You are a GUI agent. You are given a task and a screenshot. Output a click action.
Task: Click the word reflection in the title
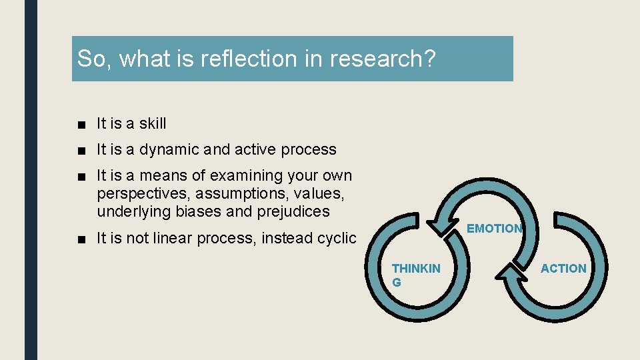pyautogui.click(x=241, y=59)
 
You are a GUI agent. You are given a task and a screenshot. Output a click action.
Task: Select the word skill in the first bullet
pyautogui.click(x=153, y=123)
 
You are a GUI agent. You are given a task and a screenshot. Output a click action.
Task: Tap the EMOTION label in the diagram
pyautogui.click(x=494, y=229)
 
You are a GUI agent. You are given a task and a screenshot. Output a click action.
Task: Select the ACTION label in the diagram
pyautogui.click(x=563, y=269)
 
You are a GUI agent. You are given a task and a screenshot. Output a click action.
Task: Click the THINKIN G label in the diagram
pyautogui.click(x=415, y=275)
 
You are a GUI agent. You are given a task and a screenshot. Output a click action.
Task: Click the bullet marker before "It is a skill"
pyautogui.click(x=81, y=124)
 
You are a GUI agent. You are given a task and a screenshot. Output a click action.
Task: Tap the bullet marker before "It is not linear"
pyautogui.click(x=81, y=239)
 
